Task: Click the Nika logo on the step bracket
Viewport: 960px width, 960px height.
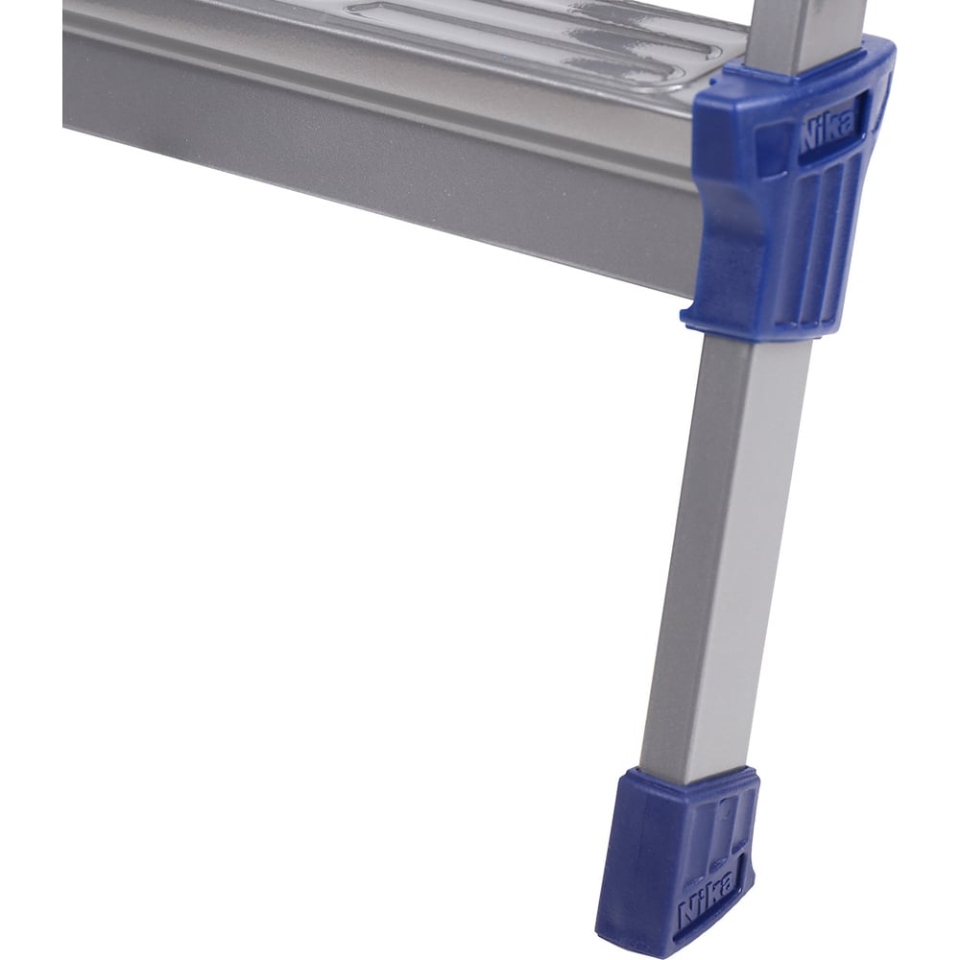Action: [828, 131]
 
